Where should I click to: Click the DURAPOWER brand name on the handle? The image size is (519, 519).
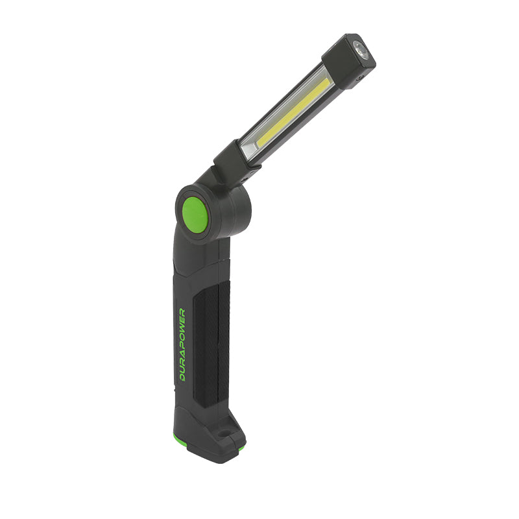tap(182, 344)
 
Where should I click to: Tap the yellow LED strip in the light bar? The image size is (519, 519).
tap(294, 112)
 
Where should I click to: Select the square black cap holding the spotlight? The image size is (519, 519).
tap(348, 61)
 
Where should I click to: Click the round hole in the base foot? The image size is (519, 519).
tap(223, 433)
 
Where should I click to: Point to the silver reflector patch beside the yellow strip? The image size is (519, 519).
tap(249, 149)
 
